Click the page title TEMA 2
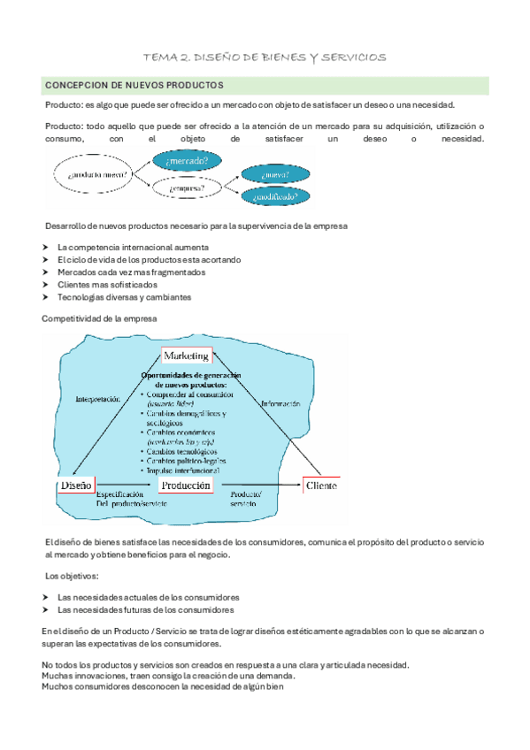click(265, 57)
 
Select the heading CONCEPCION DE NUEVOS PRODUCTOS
click(134, 85)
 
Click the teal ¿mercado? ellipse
click(188, 161)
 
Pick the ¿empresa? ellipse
click(187, 187)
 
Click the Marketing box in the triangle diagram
click(186, 356)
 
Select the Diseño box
click(76, 486)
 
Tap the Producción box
click(187, 486)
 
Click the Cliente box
click(322, 486)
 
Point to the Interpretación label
click(94, 399)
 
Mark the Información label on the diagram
click(280, 403)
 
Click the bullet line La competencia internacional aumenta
click(133, 247)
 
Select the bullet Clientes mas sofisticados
click(107, 285)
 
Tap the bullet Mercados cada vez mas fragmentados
click(131, 272)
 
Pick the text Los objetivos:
click(73, 577)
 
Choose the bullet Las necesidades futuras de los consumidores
click(145, 609)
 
